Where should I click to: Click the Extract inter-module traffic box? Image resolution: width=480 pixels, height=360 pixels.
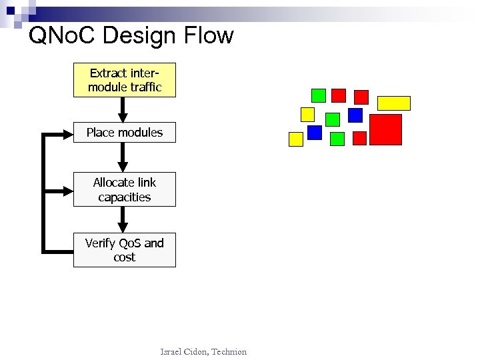tap(125, 80)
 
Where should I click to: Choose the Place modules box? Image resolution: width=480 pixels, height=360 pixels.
tap(125, 133)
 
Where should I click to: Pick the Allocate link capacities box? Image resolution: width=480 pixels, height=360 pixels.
tap(125, 189)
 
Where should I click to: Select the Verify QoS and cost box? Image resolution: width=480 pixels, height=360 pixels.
tap(125, 250)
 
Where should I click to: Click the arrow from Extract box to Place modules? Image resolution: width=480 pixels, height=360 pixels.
tap(123, 109)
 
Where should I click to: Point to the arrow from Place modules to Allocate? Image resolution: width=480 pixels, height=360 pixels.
tap(123, 157)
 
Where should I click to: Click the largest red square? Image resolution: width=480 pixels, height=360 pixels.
tap(385, 129)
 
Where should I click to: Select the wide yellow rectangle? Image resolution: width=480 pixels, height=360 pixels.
tap(394, 103)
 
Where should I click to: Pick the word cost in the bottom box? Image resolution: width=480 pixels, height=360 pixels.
tap(125, 257)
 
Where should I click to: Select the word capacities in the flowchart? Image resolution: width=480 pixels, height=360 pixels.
tap(125, 197)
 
